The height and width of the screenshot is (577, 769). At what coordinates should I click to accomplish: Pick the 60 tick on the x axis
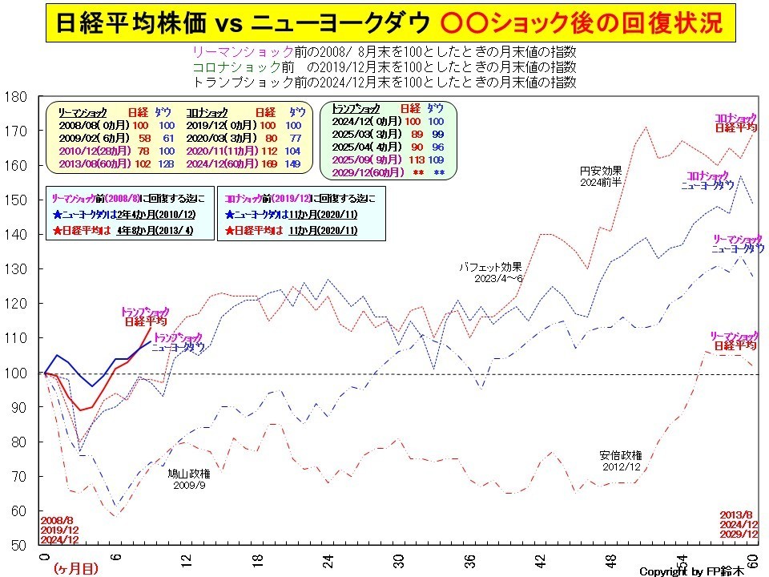[752, 560]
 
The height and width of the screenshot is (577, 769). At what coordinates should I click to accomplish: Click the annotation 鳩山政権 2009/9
[189, 479]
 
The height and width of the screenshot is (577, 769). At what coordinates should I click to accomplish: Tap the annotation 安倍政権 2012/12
[621, 461]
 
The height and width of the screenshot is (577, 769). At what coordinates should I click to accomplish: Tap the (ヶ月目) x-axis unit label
[77, 567]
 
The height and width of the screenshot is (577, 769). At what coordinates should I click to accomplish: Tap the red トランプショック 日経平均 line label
[145, 317]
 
